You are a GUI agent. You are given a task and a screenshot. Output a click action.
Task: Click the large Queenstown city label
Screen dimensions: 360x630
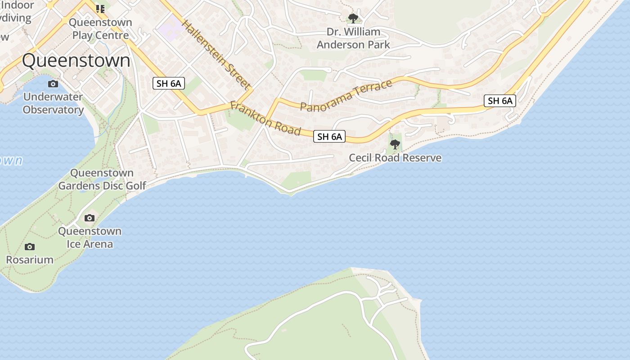(76, 61)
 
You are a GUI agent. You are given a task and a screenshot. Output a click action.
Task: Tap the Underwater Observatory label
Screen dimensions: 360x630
(53, 103)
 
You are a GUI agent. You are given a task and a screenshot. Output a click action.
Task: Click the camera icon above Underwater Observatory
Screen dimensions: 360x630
(53, 84)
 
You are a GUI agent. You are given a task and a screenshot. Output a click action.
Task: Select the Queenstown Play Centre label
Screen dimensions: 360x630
(100, 29)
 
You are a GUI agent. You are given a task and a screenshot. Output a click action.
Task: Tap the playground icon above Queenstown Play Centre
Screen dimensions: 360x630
(100, 9)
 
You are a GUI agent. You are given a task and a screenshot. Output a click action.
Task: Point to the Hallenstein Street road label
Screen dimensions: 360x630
(216, 54)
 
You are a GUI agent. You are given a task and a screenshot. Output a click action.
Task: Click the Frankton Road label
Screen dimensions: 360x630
(265, 118)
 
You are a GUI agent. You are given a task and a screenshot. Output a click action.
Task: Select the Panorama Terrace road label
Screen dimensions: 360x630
(346, 95)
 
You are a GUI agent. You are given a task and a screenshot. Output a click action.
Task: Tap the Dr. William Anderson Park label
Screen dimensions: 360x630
(353, 38)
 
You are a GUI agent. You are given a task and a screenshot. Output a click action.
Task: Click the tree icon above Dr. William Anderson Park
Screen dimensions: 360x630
(353, 18)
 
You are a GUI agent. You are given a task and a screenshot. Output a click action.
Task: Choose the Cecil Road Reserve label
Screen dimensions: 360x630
(395, 158)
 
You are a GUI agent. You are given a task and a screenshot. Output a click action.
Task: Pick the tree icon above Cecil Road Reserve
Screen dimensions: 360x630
(395, 144)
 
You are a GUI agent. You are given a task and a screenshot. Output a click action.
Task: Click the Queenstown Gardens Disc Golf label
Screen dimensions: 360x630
(102, 179)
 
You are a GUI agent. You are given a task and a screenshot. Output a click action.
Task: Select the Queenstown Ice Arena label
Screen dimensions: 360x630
(90, 238)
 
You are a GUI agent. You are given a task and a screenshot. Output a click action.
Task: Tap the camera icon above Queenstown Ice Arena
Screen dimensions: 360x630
(90, 218)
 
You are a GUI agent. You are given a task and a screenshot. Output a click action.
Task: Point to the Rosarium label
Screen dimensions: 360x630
(30, 260)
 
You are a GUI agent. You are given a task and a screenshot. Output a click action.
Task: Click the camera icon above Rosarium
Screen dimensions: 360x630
(30, 247)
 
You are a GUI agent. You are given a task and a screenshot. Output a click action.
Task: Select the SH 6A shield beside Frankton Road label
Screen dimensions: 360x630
(329, 137)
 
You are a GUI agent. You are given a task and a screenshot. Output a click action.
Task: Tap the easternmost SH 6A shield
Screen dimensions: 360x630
(500, 101)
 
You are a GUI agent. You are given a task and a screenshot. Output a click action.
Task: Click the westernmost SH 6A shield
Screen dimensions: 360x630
(169, 83)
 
